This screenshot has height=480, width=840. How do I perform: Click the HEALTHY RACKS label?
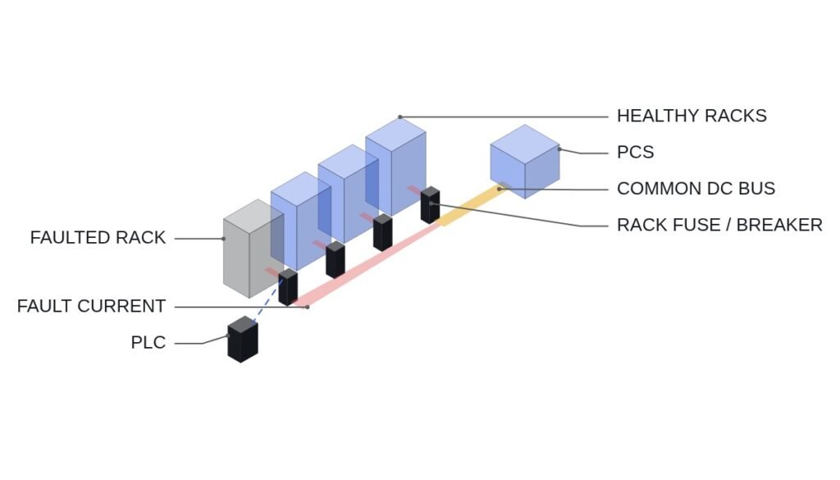click(692, 116)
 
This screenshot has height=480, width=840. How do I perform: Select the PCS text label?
click(636, 152)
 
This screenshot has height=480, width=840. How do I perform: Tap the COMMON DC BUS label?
click(696, 189)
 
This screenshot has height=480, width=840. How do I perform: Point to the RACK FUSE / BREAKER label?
click(719, 225)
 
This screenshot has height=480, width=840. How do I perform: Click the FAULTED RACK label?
click(98, 237)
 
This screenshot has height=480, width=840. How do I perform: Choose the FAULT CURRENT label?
click(91, 306)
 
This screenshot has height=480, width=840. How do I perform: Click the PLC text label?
click(148, 342)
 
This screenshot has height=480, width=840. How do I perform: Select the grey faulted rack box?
click(253, 249)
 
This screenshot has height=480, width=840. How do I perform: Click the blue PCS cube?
click(525, 162)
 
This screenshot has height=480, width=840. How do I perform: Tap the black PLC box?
click(243, 339)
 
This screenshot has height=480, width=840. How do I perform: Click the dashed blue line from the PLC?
click(267, 300)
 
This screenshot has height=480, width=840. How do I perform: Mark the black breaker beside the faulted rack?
click(288, 287)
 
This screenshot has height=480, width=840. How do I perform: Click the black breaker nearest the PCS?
click(430, 205)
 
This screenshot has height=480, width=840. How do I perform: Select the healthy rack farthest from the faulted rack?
click(396, 167)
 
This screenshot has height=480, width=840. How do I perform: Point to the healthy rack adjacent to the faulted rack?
click(301, 222)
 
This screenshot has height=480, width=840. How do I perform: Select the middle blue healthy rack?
click(348, 194)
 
